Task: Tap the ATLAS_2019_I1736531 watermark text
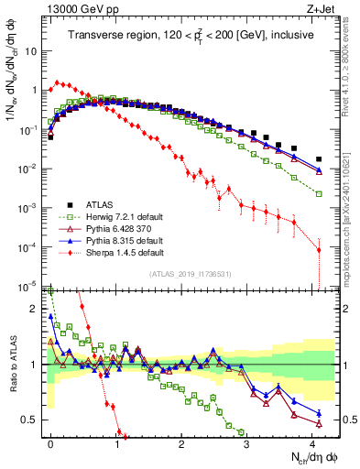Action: tap(187, 273)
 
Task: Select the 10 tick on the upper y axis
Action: tap(31, 51)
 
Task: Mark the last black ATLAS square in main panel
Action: tap(319, 159)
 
